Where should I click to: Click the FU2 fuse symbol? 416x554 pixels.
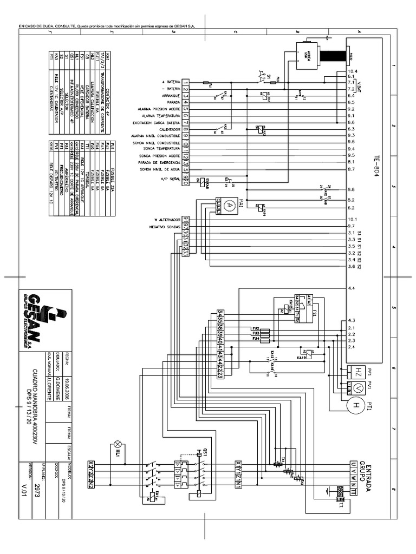tap(256, 328)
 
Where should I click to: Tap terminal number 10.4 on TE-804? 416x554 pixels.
tap(353, 71)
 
